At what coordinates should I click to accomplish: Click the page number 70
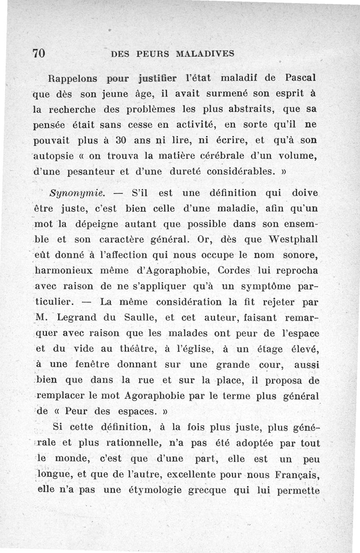[x=39, y=53]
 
